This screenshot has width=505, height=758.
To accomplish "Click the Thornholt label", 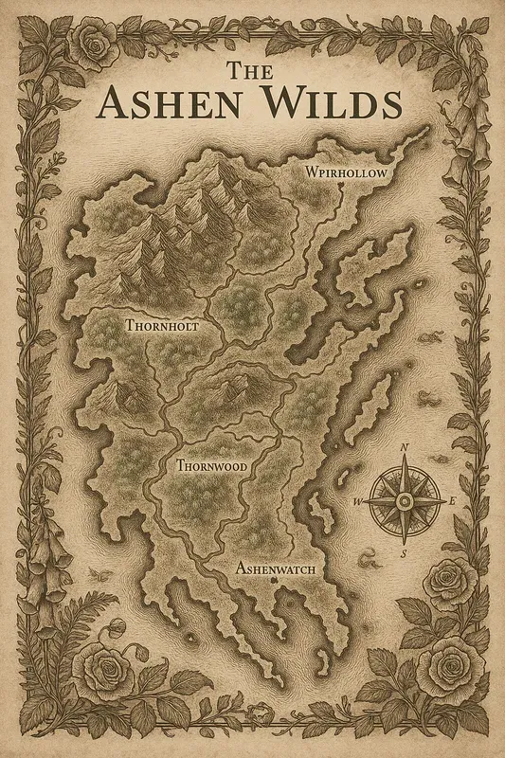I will (162, 325).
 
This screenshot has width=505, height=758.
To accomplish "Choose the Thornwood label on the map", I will (211, 466).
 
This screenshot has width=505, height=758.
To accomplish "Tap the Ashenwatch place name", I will (274, 568).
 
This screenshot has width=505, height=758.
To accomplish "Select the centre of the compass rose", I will (405, 499).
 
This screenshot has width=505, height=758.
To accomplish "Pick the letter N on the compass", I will (405, 448).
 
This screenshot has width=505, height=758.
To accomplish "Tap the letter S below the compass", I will (404, 552).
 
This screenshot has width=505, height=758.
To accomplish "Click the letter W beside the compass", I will (358, 501).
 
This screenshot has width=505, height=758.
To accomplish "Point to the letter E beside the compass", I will (452, 500).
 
